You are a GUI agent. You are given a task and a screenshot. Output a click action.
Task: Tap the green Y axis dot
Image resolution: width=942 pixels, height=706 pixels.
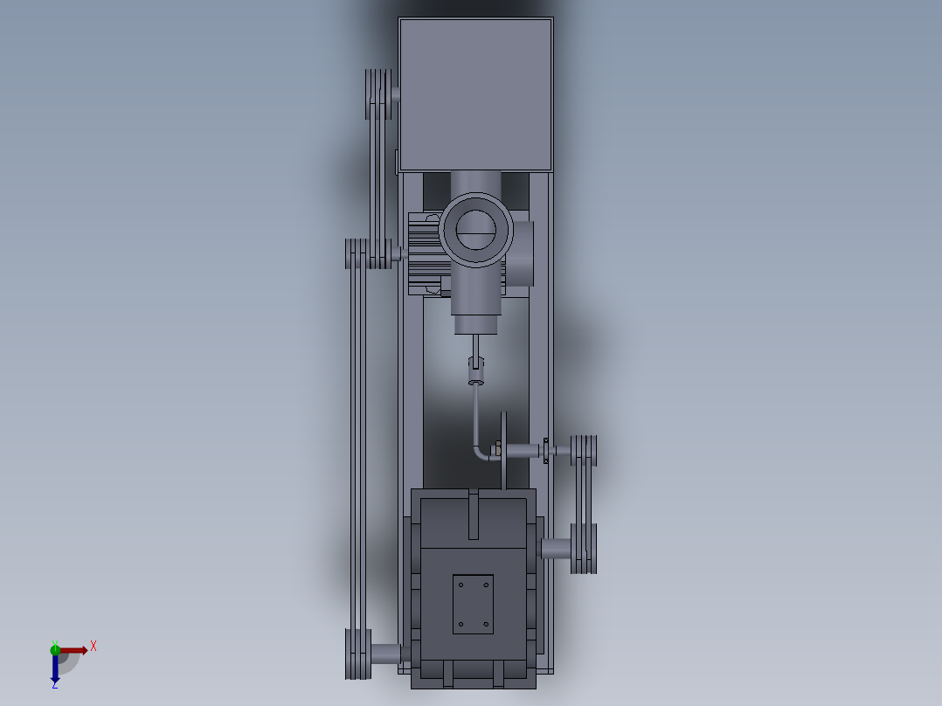coord(54,647)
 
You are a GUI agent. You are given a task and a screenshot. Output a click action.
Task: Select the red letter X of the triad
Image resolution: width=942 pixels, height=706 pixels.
coord(94,646)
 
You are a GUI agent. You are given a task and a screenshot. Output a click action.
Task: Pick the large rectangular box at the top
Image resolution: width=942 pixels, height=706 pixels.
coord(475,93)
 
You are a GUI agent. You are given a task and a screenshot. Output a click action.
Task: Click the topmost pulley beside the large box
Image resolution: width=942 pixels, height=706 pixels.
coord(377,94)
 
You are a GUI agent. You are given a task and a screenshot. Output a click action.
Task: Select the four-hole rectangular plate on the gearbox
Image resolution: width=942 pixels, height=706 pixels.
coord(473,604)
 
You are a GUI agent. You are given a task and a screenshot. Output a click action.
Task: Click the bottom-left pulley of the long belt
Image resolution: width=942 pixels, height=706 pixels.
coord(358,654)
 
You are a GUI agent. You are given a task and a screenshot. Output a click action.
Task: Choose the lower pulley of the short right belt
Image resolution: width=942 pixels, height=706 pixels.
coord(584,549)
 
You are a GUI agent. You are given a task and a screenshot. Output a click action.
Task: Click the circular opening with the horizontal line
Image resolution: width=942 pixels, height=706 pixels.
coord(476,231)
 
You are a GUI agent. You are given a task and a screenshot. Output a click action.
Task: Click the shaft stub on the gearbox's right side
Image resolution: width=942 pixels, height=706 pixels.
coord(556,549)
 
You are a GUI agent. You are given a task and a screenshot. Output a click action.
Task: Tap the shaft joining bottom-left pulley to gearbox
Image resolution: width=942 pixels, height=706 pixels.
coord(386,653)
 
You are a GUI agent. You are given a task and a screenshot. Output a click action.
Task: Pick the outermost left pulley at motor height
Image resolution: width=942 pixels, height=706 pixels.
coord(355,253)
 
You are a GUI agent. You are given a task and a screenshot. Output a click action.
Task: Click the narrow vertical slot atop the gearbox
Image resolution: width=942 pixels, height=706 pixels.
coord(474,516)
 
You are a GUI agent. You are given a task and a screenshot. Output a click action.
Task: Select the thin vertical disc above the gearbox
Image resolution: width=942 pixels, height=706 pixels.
coord(504,450)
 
